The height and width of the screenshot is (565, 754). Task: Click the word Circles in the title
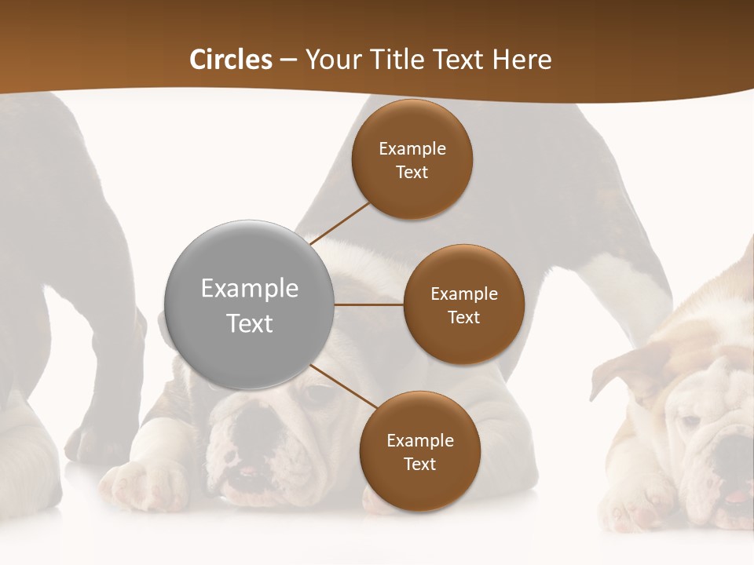pos(231,60)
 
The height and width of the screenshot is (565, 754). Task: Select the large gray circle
pos(250,305)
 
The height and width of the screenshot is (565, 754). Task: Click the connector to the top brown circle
pos(339,224)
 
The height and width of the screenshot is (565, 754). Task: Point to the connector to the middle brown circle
pos(369,304)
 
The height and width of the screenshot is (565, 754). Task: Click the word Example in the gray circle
pos(250,288)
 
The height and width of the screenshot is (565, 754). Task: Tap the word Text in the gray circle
pos(250,323)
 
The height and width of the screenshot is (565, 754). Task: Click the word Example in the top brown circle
pos(412,148)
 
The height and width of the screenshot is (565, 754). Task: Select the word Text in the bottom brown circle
pos(419,464)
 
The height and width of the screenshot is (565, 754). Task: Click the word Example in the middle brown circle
pos(463,293)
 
